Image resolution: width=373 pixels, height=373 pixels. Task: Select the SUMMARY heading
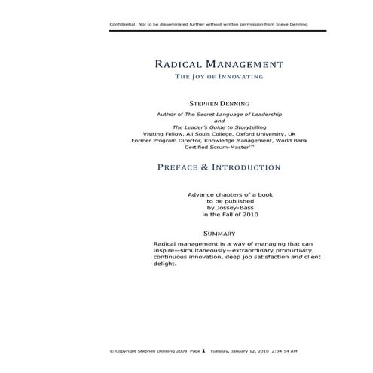pyautogui.click(x=219, y=234)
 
